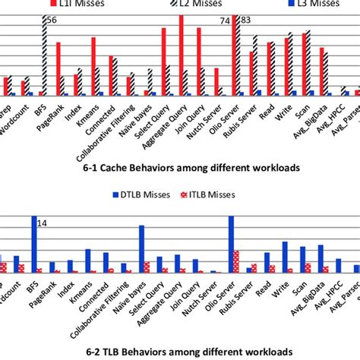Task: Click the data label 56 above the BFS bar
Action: click(x=51, y=21)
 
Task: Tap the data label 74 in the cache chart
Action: click(x=226, y=21)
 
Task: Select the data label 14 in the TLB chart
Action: click(x=43, y=223)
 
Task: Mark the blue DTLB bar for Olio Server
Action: click(x=231, y=244)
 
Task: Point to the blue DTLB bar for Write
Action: click(x=285, y=257)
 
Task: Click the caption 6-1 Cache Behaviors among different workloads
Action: click(x=179, y=166)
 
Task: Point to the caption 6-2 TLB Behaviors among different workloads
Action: click(x=179, y=352)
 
